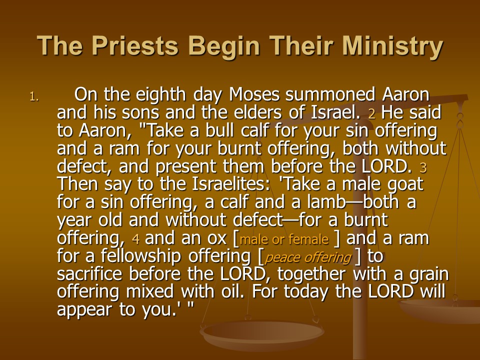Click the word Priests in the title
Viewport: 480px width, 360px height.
(x=134, y=45)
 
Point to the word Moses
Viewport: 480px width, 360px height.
(x=254, y=94)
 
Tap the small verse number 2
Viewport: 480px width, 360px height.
(x=371, y=114)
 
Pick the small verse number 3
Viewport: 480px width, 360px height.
(x=423, y=168)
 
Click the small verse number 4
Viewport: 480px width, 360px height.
(x=136, y=239)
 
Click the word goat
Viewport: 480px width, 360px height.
(x=405, y=185)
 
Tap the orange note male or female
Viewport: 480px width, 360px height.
(x=284, y=239)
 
